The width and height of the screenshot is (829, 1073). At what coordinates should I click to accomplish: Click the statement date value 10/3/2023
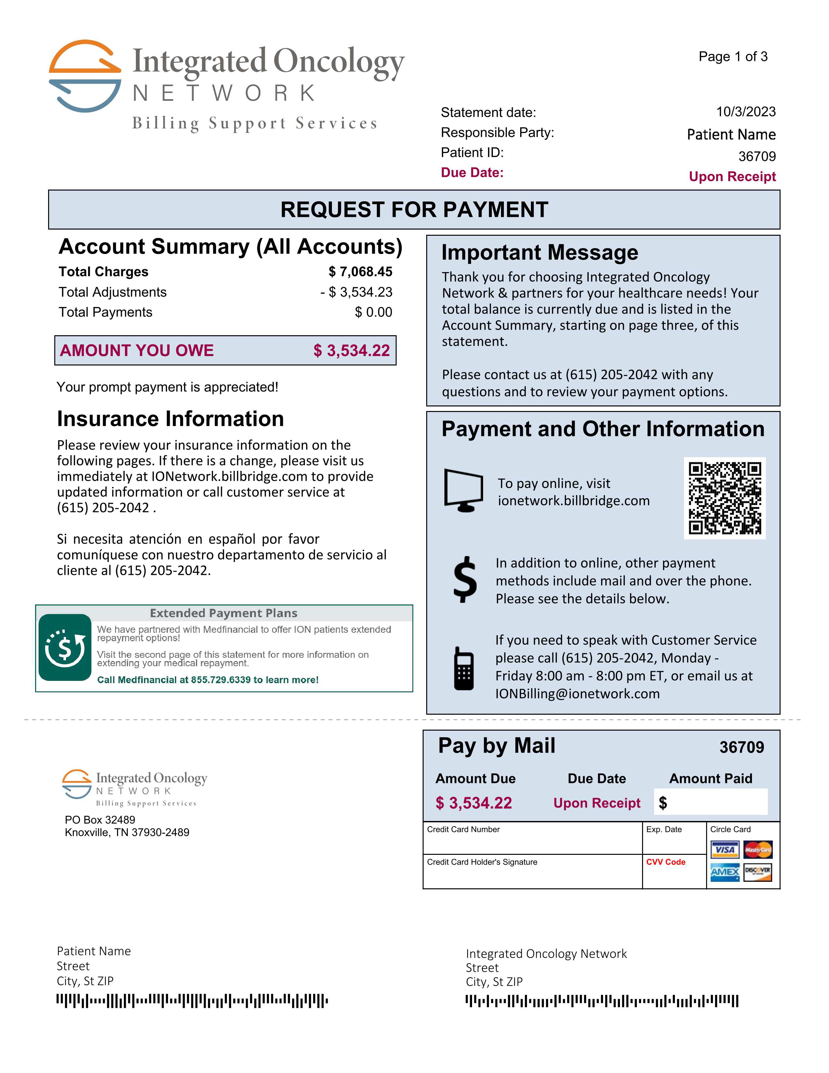pyautogui.click(x=745, y=112)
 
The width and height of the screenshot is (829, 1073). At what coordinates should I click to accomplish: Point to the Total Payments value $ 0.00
pyautogui.click(x=373, y=312)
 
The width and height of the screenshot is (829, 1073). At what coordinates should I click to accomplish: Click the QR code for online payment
pyautogui.click(x=724, y=498)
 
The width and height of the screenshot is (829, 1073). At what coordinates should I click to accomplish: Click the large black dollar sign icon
pyautogui.click(x=465, y=580)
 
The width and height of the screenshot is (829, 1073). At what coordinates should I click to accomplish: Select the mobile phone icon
pyautogui.click(x=464, y=668)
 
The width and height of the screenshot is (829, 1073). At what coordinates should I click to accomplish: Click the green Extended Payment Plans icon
pyautogui.click(x=65, y=647)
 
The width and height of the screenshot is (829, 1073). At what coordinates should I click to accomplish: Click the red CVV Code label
pyautogui.click(x=665, y=862)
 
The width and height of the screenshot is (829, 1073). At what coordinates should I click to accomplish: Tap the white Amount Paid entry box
pyautogui.click(x=711, y=802)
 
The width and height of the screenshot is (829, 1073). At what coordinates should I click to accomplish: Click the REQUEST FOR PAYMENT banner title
pyautogui.click(x=414, y=210)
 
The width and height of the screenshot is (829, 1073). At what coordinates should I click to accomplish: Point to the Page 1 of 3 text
pyautogui.click(x=733, y=57)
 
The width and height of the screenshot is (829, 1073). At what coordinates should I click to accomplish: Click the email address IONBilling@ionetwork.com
pyautogui.click(x=577, y=694)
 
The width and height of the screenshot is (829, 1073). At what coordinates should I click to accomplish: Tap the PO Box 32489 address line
pyautogui.click(x=100, y=819)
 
